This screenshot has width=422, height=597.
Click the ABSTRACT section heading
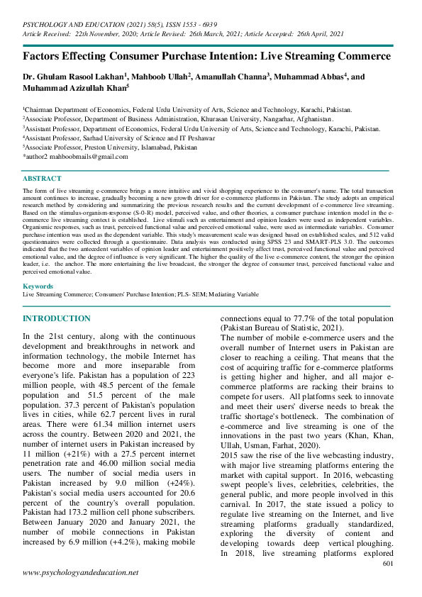[x=42, y=179]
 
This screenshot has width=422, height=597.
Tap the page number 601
[x=387, y=563]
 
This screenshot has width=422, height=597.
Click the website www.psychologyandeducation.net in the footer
[x=81, y=572]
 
